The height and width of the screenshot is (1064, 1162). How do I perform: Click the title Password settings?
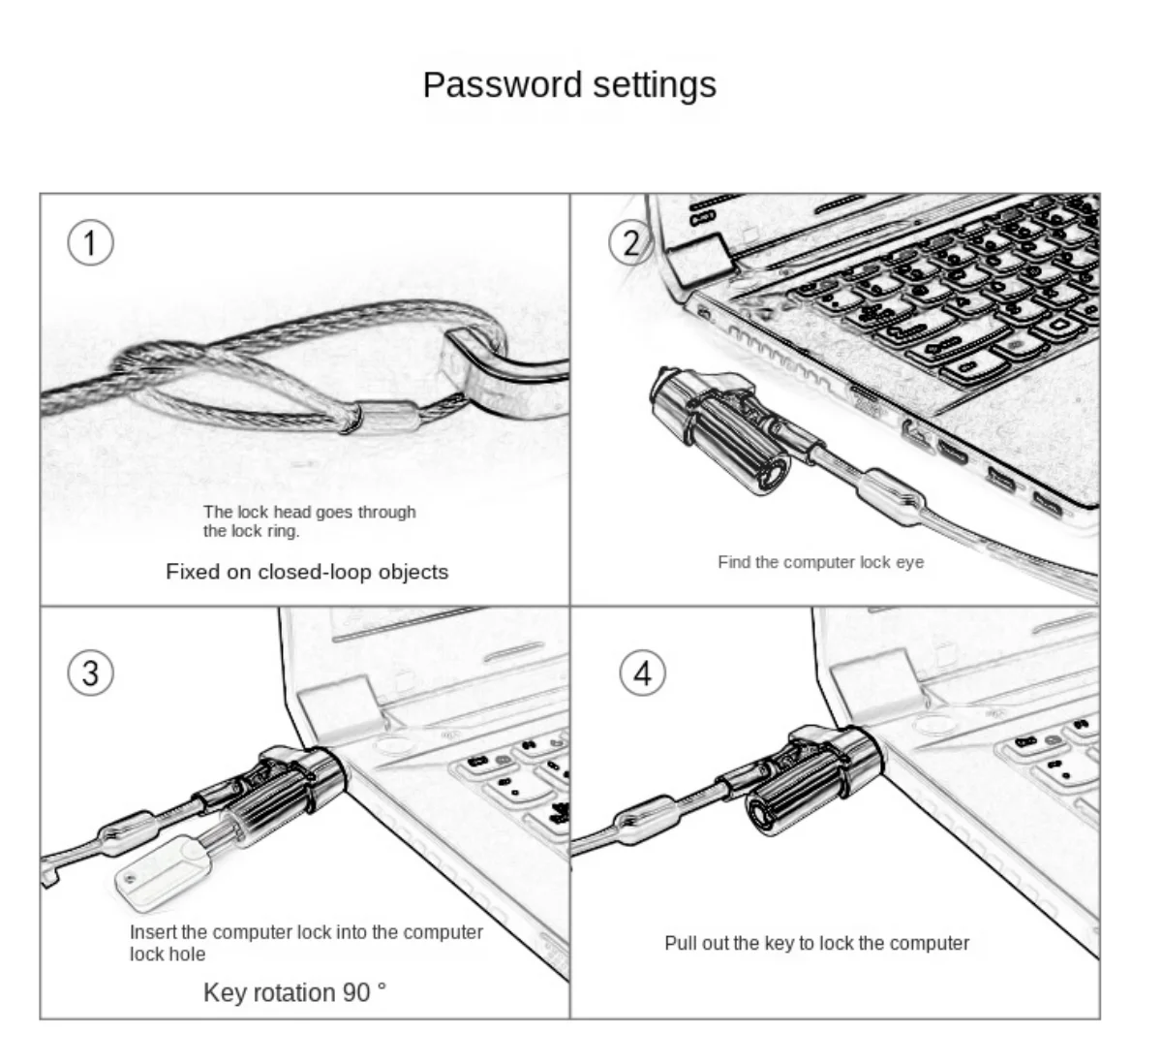click(569, 85)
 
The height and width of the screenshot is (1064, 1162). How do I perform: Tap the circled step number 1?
click(90, 242)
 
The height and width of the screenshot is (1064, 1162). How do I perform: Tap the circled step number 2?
click(631, 242)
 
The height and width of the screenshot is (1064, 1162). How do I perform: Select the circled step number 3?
click(90, 673)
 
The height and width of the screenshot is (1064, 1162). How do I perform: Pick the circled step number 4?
click(643, 673)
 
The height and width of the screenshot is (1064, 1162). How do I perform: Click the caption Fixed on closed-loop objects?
click(307, 572)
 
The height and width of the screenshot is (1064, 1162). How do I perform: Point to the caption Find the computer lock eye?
click(820, 562)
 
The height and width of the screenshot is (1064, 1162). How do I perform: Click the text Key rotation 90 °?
click(294, 992)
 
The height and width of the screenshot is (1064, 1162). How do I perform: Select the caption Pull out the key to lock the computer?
click(816, 943)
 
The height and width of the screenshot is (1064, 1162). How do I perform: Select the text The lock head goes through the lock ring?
click(309, 521)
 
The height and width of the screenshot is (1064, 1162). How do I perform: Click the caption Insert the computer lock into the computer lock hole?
click(306, 942)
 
